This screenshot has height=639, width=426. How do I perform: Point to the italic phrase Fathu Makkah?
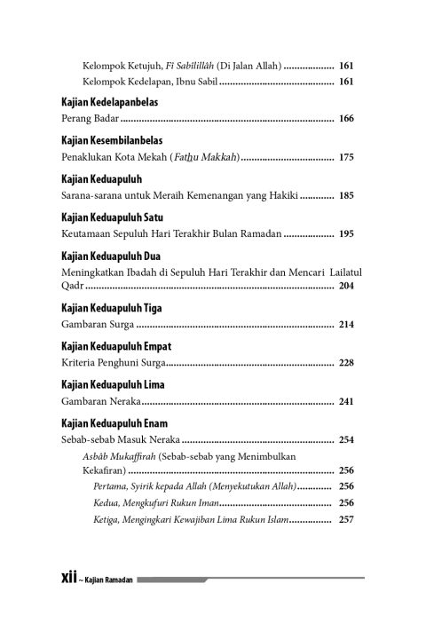tap(201, 157)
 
